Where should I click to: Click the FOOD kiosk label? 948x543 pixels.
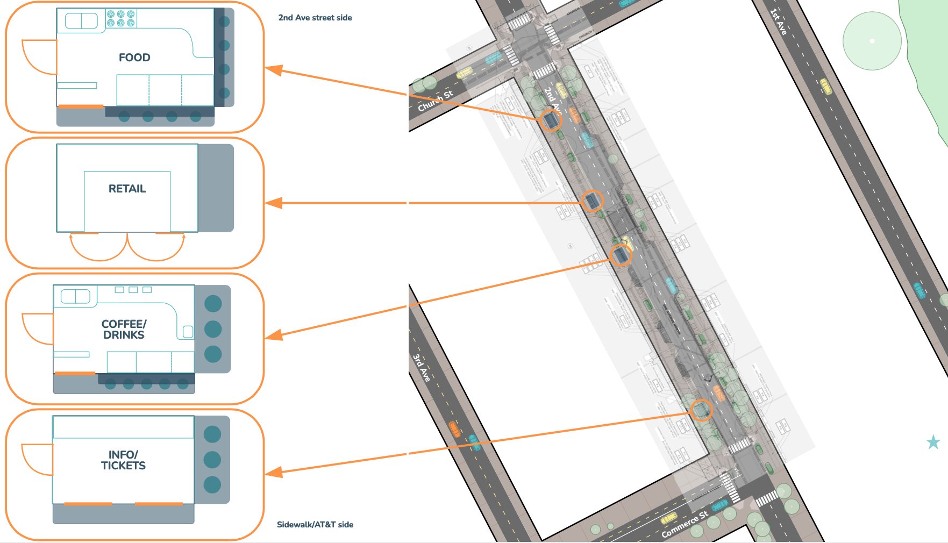point(134,58)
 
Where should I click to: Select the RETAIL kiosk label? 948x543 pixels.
point(127,189)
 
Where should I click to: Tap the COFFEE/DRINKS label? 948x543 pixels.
point(124,330)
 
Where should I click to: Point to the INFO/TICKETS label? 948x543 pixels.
point(123,460)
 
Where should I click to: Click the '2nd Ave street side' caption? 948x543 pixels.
point(315,18)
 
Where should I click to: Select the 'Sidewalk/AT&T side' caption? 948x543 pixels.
point(315,525)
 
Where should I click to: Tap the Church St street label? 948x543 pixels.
point(436,101)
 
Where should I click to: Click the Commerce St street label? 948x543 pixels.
point(685,525)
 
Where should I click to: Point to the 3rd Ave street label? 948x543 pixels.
point(422,368)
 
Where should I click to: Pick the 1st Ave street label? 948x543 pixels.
point(778,22)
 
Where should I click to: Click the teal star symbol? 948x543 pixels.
point(933,442)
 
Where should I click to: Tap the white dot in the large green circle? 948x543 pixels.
point(872,41)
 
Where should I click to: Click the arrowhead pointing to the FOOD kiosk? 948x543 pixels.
point(274,70)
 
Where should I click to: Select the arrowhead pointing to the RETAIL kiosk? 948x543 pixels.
point(274,203)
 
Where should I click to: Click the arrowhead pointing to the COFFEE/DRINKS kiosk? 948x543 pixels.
point(274,335)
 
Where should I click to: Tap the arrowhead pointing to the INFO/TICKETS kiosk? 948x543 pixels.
point(274,473)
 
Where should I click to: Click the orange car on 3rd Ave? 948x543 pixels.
point(454,429)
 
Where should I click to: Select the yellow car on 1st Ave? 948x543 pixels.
point(826,86)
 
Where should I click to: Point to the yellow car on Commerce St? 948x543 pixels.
point(669,518)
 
